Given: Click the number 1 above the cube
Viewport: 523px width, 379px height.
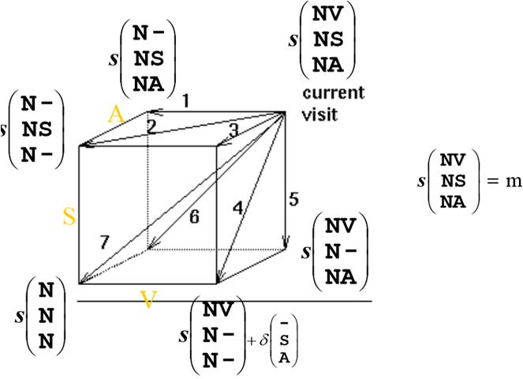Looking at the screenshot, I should coord(186,101).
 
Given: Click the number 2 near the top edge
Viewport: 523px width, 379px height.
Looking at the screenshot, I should coord(151,126).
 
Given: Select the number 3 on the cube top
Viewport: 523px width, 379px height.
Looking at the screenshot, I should coord(233,129).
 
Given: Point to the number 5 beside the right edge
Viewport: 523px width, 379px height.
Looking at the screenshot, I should coord(293,200).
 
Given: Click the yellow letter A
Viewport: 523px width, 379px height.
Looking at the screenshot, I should coord(116,114).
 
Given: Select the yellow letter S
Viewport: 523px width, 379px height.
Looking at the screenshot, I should coord(69,218).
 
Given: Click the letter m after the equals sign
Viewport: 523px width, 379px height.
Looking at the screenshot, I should coord(514,180).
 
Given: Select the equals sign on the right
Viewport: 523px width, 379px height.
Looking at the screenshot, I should coord(491,180).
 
